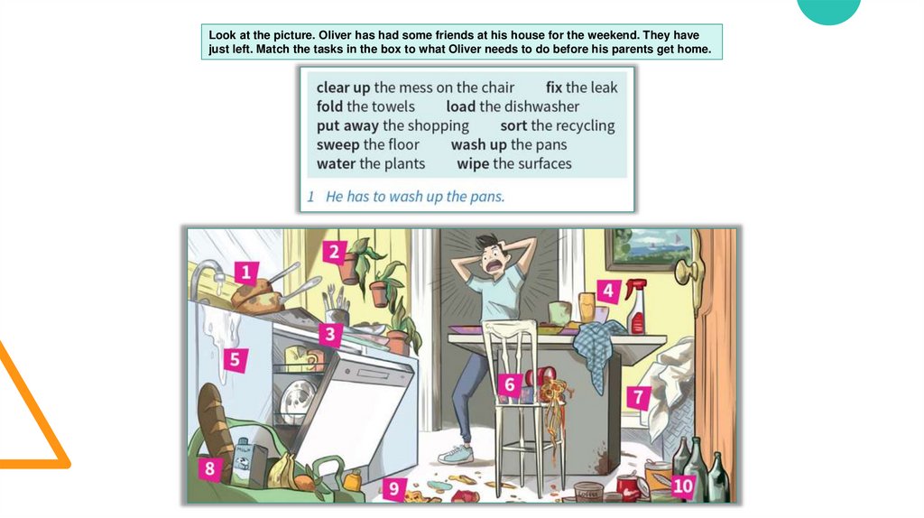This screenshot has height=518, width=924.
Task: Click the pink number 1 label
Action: (x=245, y=273)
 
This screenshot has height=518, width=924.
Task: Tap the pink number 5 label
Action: (x=236, y=359)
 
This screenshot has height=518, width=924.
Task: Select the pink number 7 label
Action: (x=638, y=397)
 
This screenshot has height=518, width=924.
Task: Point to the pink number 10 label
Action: (x=682, y=486)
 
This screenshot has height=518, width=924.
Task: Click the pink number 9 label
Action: (x=393, y=488)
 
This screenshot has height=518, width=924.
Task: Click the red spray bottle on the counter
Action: (x=637, y=307)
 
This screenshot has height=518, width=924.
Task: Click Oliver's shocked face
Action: (x=494, y=258)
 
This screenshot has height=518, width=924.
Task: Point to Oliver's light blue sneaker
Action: (x=456, y=454)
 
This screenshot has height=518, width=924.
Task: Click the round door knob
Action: (x=686, y=273)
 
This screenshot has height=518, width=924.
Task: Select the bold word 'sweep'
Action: (x=337, y=145)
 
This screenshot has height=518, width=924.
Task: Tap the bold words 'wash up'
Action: (x=478, y=145)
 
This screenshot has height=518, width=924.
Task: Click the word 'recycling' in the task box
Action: (x=581, y=126)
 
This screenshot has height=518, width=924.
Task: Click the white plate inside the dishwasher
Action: (x=296, y=402)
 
